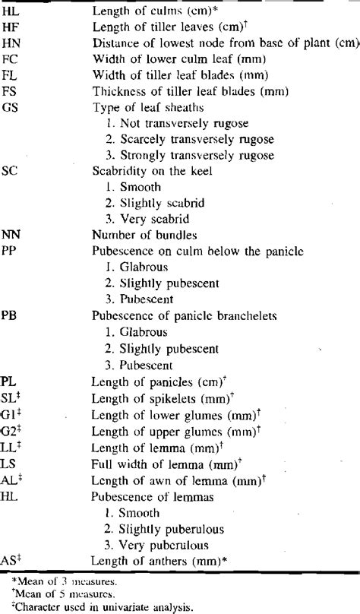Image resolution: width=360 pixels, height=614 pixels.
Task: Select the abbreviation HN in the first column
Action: (x=11, y=43)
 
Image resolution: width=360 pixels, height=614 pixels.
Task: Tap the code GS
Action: (x=11, y=106)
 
